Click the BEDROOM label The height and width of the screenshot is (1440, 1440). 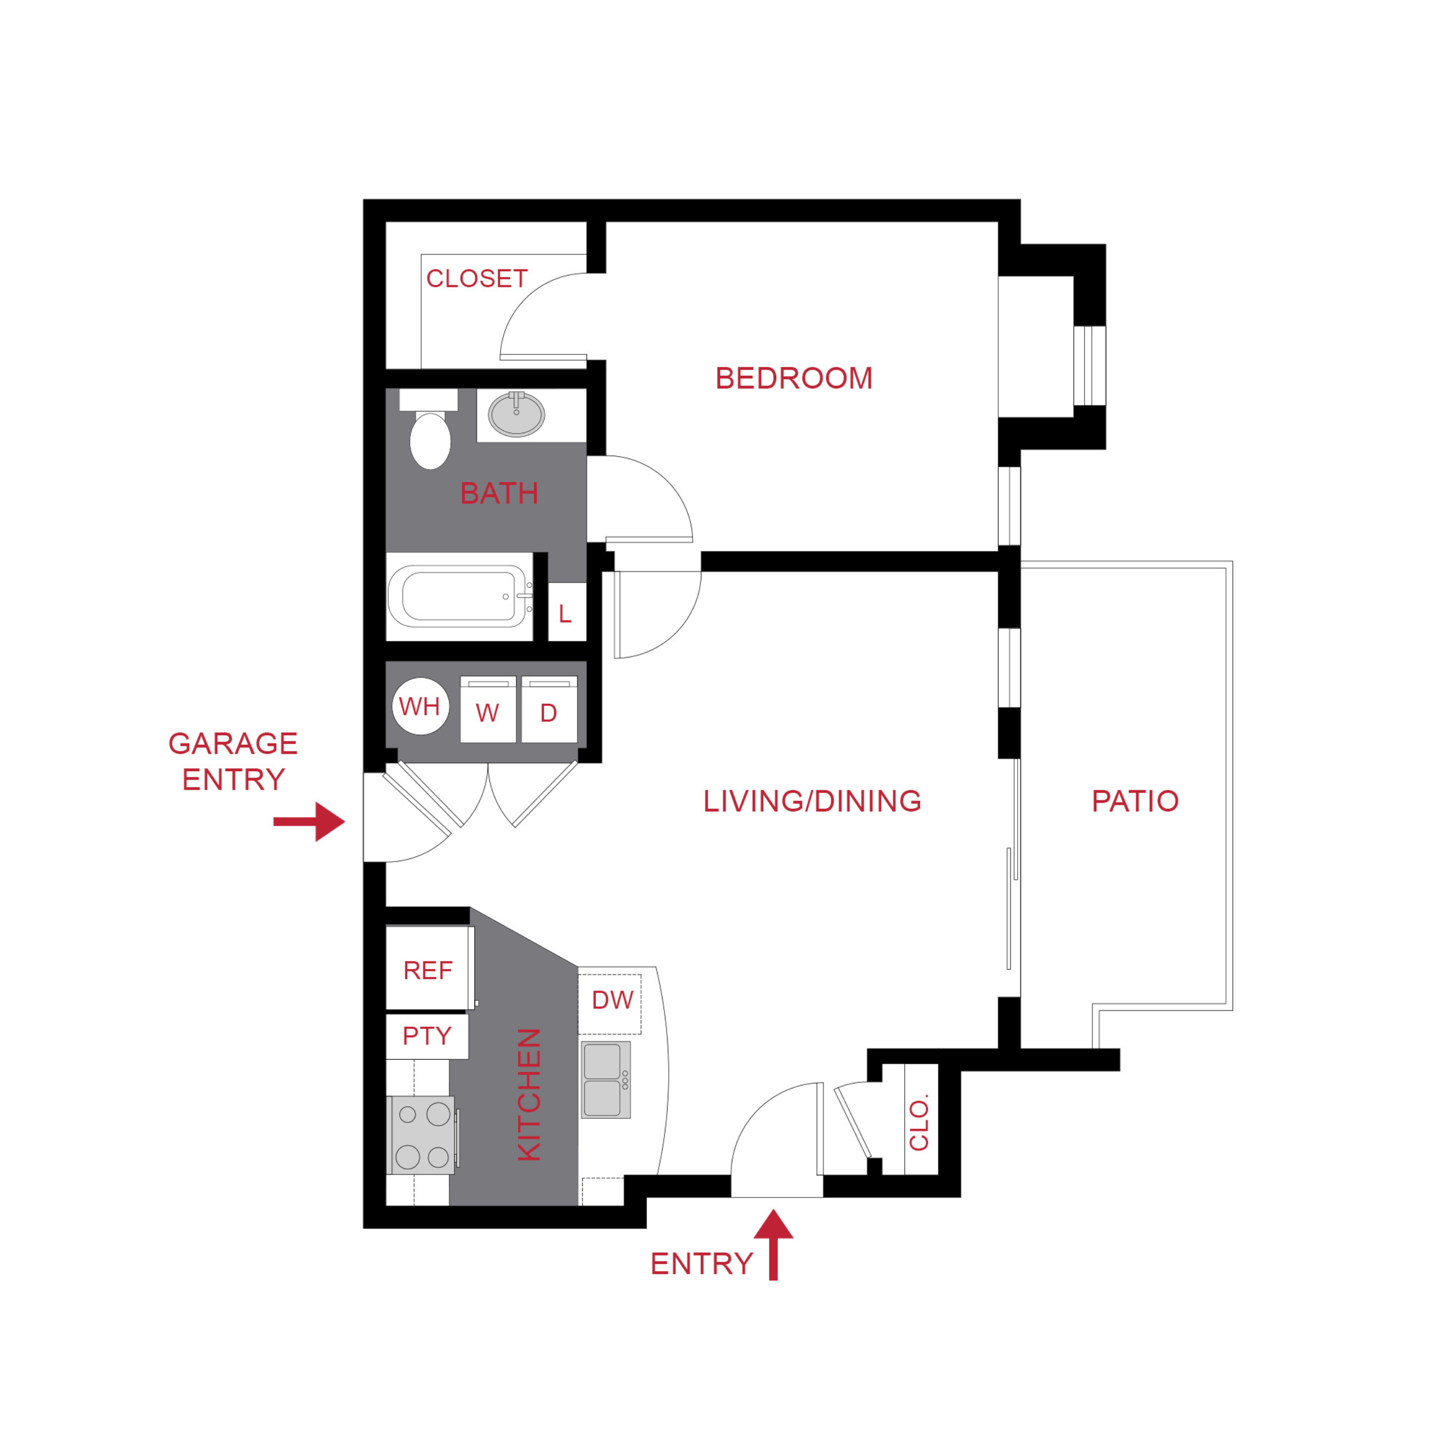(x=794, y=379)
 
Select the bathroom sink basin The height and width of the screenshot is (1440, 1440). (x=516, y=415)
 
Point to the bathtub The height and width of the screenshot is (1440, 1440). (x=458, y=596)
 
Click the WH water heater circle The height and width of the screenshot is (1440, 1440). (x=420, y=706)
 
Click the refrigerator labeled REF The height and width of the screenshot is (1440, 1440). (x=429, y=969)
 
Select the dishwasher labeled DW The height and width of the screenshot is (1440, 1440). (x=611, y=1000)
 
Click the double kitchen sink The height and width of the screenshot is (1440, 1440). (x=605, y=1080)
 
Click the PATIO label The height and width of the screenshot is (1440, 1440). (x=1135, y=801)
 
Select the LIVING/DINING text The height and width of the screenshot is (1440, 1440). (x=812, y=801)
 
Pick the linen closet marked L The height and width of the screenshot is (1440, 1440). (x=566, y=614)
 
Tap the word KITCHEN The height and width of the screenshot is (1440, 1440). (x=528, y=1094)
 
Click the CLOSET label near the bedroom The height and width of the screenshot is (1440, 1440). (x=477, y=279)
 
